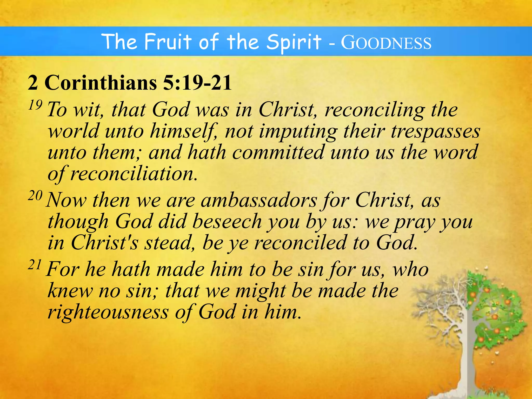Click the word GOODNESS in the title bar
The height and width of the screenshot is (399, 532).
click(386, 43)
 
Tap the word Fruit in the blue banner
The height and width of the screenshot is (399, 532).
click(168, 42)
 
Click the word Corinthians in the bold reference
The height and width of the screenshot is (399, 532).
click(101, 83)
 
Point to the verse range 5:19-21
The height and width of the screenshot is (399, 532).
click(197, 83)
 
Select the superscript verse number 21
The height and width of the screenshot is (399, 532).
click(35, 265)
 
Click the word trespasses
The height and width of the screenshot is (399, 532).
click(435, 131)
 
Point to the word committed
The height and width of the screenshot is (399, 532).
click(278, 152)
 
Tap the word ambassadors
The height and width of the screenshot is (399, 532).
click(259, 201)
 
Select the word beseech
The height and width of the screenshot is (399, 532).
click(227, 222)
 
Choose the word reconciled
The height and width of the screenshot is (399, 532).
click(301, 243)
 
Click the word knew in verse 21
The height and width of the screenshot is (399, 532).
click(70, 291)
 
